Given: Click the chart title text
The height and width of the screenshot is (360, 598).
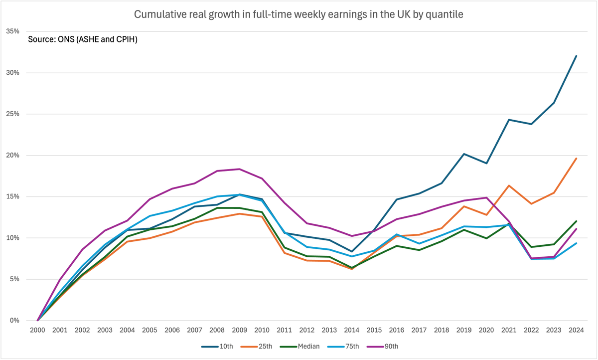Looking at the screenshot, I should [x=299, y=14].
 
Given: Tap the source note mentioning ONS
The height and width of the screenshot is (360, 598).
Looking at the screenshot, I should [x=83, y=39].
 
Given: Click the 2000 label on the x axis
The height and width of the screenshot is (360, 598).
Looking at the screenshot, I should [x=38, y=331].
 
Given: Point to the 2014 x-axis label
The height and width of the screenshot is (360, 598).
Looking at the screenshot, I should [x=352, y=331].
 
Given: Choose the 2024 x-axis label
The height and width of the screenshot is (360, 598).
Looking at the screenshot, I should [x=576, y=331].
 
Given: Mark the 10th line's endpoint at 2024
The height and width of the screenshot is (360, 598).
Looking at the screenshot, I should [x=576, y=56].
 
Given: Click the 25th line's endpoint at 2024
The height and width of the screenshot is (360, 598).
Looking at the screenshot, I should [x=576, y=159].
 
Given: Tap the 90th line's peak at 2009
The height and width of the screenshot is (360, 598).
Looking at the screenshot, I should [x=240, y=169].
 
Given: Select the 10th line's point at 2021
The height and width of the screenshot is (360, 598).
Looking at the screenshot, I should [x=509, y=120].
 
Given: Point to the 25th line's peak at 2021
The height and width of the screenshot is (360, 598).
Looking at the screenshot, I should [x=509, y=185].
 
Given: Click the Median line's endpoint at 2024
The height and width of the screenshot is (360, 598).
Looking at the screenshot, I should [x=576, y=221].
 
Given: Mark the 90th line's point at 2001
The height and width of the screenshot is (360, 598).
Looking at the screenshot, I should [x=60, y=280].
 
